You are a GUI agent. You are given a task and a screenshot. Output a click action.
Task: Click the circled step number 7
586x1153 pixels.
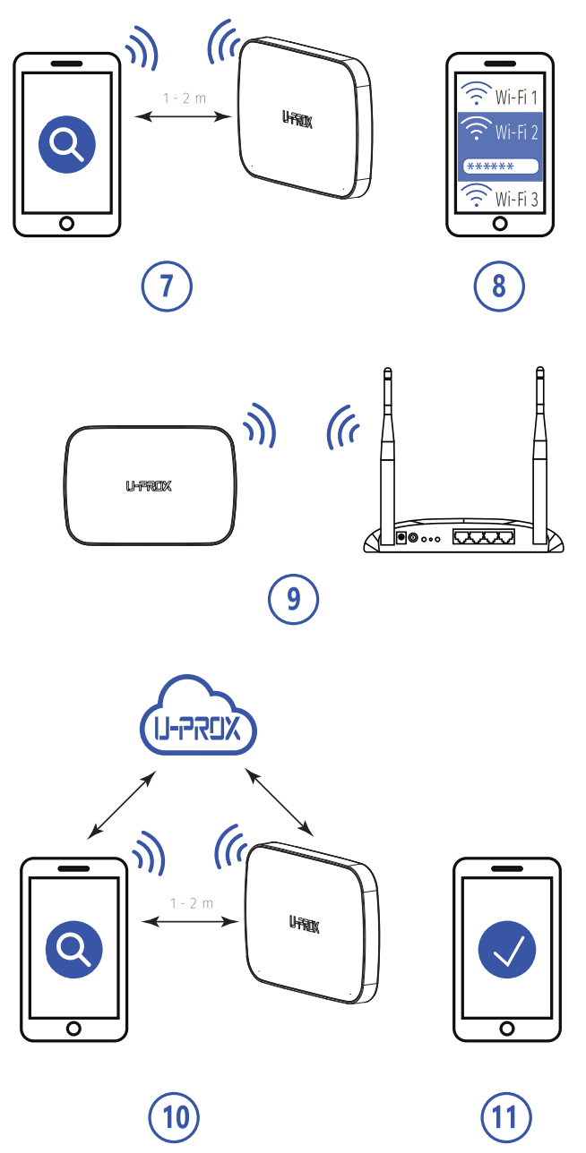pyautogui.click(x=167, y=286)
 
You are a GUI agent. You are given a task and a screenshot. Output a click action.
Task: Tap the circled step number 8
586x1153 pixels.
pyautogui.click(x=499, y=286)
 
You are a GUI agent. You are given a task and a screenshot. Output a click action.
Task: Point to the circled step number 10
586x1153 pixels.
pyautogui.click(x=173, y=1116)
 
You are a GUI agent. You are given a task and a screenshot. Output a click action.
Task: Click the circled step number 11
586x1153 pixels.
pyautogui.click(x=506, y=1116)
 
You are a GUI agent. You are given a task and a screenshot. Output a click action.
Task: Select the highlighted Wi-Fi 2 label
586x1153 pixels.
pyautogui.click(x=514, y=132)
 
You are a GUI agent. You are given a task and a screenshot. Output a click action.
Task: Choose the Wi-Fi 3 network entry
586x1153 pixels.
pyautogui.click(x=499, y=198)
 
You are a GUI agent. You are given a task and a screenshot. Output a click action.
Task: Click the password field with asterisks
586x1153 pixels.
pyautogui.click(x=499, y=167)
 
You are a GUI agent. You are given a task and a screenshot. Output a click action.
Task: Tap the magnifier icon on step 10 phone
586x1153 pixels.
pyautogui.click(x=74, y=949)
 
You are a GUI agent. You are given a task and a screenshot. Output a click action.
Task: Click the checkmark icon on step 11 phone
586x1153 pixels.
pyautogui.click(x=507, y=949)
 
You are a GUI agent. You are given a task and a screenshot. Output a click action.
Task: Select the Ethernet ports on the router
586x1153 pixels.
pyautogui.click(x=483, y=538)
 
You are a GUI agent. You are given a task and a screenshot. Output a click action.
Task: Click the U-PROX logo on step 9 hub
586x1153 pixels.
pyautogui.click(x=149, y=486)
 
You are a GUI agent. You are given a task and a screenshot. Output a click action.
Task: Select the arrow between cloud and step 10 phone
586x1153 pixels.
pyautogui.click(x=122, y=808)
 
